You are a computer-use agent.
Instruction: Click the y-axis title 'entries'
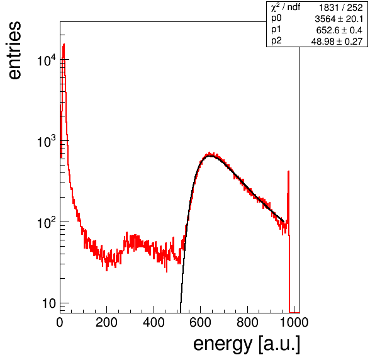pos(15,50)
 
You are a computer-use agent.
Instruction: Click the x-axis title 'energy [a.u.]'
pos(247,344)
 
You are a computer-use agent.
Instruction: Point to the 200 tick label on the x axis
pos(106,322)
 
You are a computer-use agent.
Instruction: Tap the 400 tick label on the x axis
pos(154,322)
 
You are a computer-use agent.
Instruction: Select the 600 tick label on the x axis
pos(201,322)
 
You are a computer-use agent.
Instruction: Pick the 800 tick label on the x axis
pos(247,322)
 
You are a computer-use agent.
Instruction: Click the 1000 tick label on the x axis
pos(294,322)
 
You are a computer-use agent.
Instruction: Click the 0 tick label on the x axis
pos(60,322)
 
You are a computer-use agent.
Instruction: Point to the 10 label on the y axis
pos(48,303)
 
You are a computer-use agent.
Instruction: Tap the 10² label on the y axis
pos(47,223)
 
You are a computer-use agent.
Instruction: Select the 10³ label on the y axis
pos(47,142)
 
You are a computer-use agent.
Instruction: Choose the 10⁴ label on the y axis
pos(47,60)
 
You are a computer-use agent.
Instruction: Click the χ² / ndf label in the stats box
pos(286,7)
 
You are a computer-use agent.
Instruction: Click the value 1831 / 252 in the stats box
pos(341,8)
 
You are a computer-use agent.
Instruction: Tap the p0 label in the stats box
pos(276,19)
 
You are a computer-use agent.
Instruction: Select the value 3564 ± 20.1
pos(339,19)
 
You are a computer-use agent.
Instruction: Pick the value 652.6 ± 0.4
pos(339,30)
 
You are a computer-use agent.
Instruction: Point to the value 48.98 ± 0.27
pos(337,42)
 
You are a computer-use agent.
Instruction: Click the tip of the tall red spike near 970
pos(288,171)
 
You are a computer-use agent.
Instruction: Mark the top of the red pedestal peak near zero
pos(64,44)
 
